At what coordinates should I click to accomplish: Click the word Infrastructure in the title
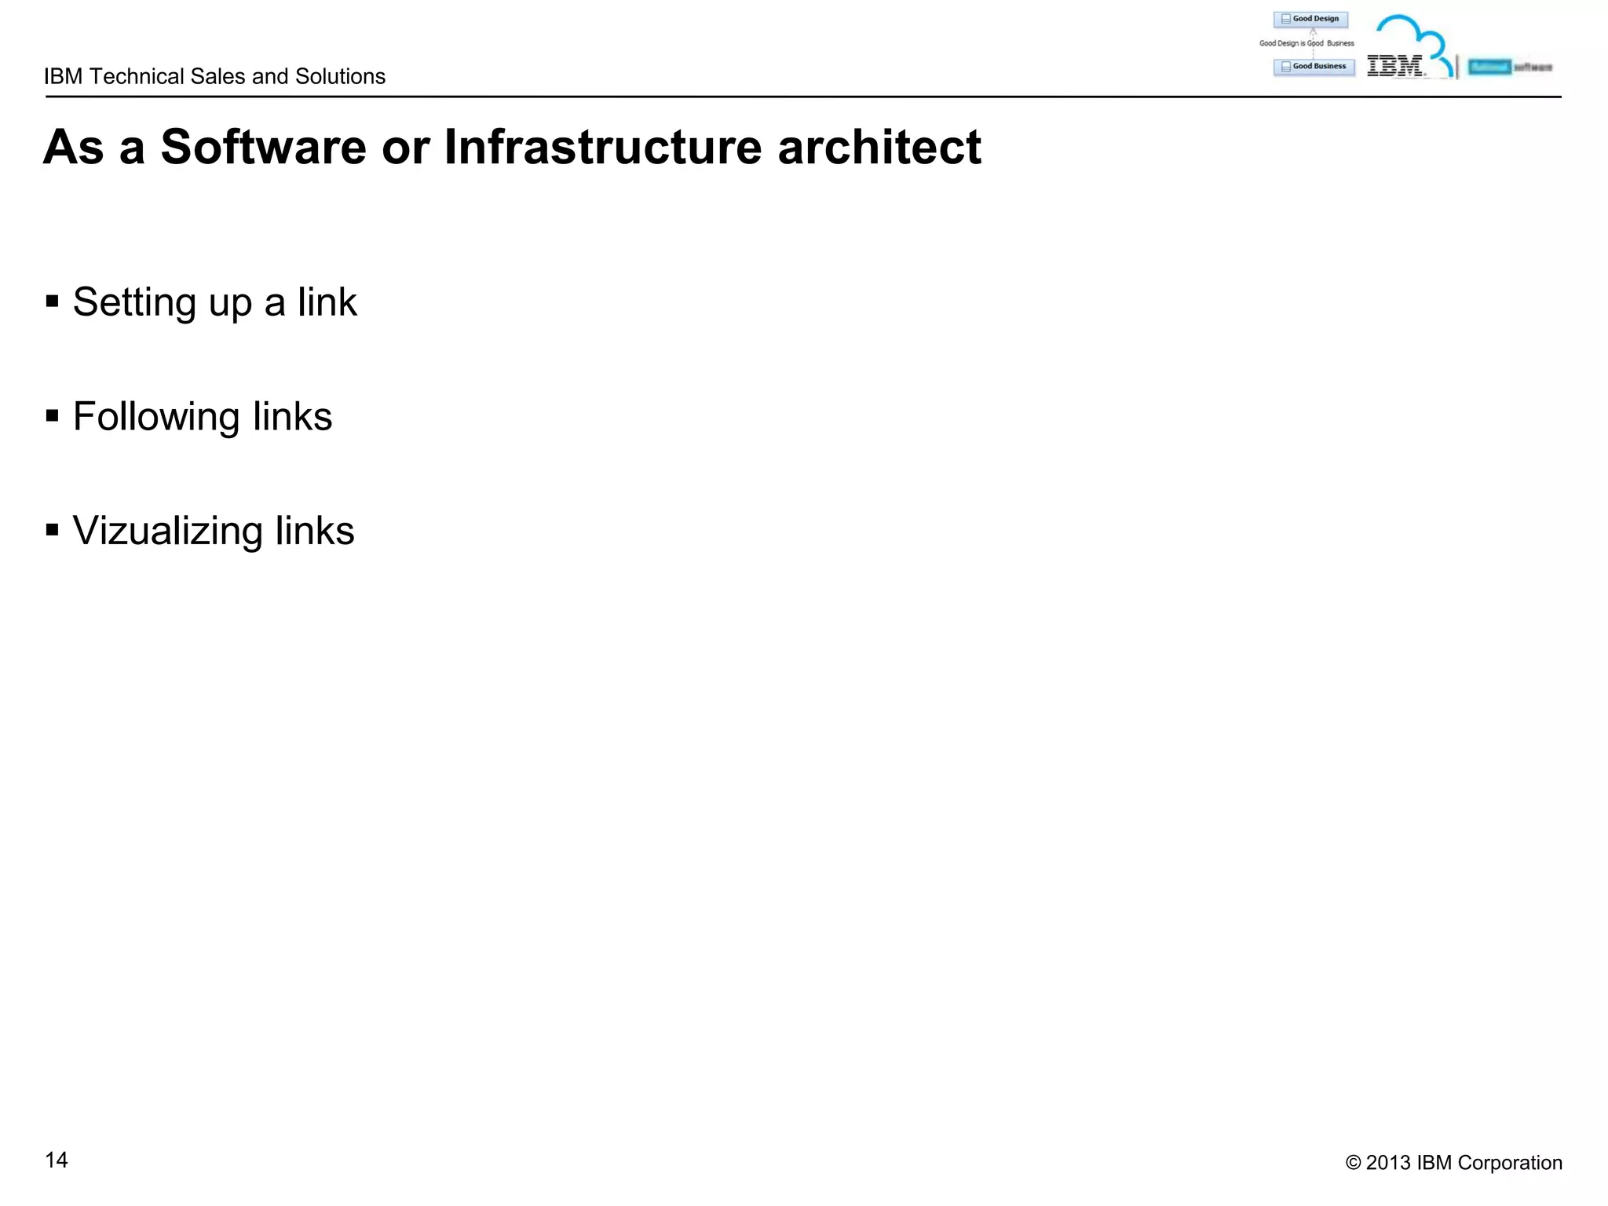coord(602,147)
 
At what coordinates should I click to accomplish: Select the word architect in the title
coord(879,147)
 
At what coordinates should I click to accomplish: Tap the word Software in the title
coord(263,147)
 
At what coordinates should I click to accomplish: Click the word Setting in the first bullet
coord(134,303)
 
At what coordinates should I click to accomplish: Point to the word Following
coord(155,417)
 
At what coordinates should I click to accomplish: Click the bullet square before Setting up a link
coord(53,301)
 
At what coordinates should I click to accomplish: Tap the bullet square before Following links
coord(53,415)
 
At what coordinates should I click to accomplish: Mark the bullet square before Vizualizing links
coord(53,530)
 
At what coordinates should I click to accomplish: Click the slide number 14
coord(57,1160)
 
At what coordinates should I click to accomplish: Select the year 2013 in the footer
coord(1388,1163)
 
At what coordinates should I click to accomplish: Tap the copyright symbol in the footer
coord(1353,1163)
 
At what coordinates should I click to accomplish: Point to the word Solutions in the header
coord(340,76)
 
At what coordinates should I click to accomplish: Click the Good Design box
coord(1310,19)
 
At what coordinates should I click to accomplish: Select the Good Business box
coord(1314,67)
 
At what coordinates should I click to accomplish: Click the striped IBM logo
coord(1394,66)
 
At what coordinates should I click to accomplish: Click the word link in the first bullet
coord(327,303)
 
